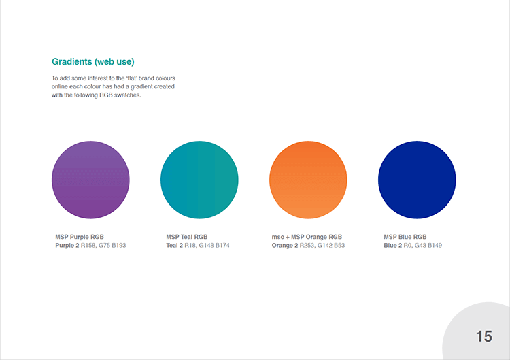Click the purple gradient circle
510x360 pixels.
(90, 180)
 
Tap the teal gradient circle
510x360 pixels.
(199, 180)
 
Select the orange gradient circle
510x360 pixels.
(308, 180)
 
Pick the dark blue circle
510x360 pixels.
(417, 180)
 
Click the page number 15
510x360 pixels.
(484, 336)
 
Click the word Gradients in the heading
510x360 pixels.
(72, 61)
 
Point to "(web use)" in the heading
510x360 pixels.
(114, 61)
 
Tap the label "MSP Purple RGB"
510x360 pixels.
(80, 237)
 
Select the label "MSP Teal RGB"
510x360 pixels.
(187, 237)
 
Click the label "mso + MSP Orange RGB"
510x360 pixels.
(307, 237)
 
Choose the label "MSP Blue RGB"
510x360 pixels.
(405, 237)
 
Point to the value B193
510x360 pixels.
(119, 246)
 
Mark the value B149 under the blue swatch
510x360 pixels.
(435, 246)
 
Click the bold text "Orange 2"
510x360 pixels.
(285, 246)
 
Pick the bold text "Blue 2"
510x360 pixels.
(392, 246)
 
